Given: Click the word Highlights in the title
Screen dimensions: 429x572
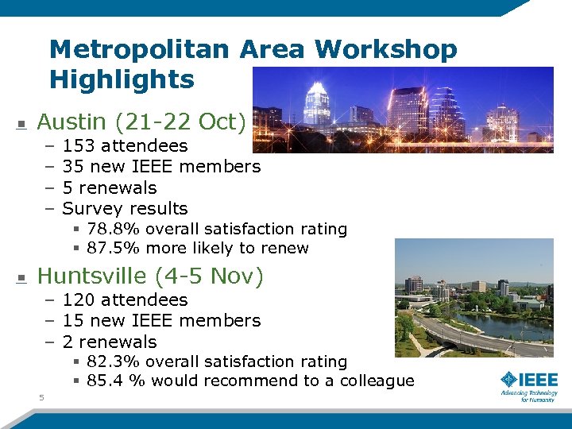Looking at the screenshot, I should click(x=122, y=79).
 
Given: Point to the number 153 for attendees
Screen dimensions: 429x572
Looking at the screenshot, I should click(x=78, y=146).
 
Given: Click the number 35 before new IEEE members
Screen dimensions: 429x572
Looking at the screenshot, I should click(x=73, y=167).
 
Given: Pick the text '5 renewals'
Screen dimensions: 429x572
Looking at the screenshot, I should click(x=110, y=188).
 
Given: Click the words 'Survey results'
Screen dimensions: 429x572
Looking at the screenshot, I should click(x=125, y=209).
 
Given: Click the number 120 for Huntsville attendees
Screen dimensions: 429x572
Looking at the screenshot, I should click(x=78, y=300).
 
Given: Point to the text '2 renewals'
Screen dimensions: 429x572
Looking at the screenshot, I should click(x=110, y=342).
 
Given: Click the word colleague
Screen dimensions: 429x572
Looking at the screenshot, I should click(x=377, y=381).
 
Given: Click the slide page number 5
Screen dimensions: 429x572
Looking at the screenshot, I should click(x=41, y=397).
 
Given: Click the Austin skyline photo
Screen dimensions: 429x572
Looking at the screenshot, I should click(x=403, y=109).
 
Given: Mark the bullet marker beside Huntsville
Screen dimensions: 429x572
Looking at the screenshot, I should click(x=22, y=278).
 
